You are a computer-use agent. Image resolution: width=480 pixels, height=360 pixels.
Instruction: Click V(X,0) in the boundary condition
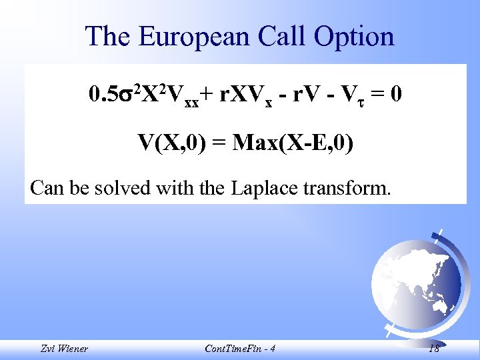(169, 142)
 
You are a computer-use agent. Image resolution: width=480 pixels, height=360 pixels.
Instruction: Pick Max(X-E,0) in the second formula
(293, 142)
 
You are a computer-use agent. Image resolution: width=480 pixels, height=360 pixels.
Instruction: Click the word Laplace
(263, 188)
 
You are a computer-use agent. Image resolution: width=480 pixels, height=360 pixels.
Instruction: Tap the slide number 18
(434, 349)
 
